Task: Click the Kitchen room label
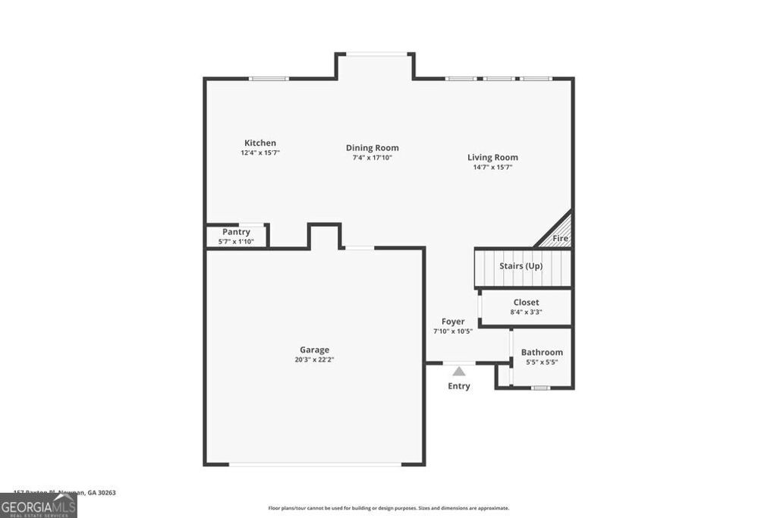coord(260,143)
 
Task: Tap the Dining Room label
coord(372,148)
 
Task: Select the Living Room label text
coord(492,158)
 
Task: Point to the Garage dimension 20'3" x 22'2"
coord(314,359)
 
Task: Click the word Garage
coord(314,350)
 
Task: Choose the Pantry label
coord(236,232)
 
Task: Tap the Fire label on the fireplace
coord(560,238)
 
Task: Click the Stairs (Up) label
coord(521,266)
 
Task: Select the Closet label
coord(526,303)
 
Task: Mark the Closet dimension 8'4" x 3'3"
coord(526,312)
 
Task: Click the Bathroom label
coord(542,353)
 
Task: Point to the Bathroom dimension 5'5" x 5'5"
coord(542,363)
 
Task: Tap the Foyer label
coord(453,322)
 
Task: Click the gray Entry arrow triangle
coord(458,371)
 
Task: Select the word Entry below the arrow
coord(458,386)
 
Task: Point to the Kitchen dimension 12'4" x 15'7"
coord(260,153)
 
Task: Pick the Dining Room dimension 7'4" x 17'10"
coord(372,158)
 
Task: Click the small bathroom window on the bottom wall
coord(539,388)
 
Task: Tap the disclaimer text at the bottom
coord(388,508)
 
